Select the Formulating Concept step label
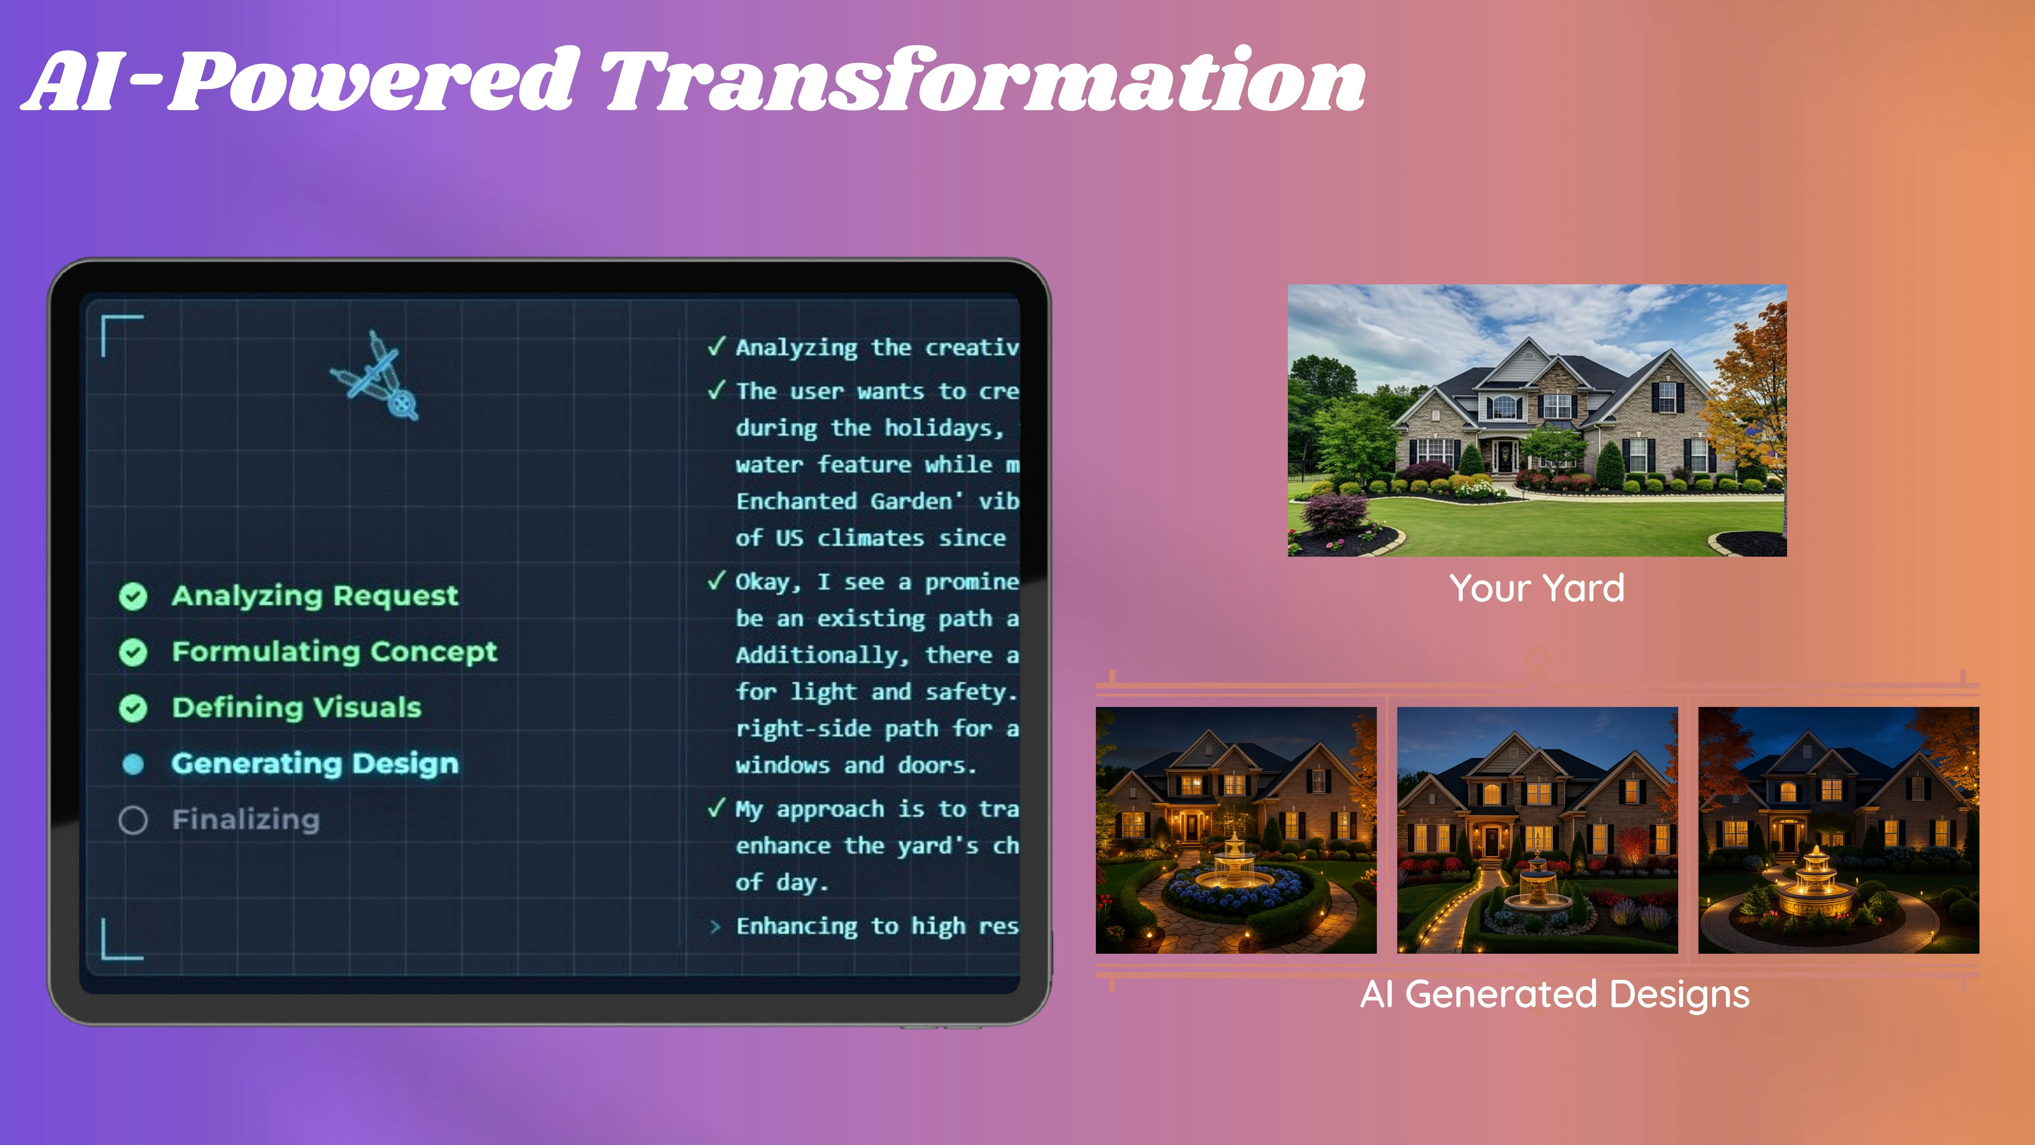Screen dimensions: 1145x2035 (x=334, y=652)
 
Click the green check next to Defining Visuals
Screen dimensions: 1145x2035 (x=133, y=708)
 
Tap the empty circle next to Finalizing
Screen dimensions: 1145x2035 (x=133, y=820)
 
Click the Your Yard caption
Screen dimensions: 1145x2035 (x=1536, y=588)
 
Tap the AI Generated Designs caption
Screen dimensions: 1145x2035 (x=1554, y=994)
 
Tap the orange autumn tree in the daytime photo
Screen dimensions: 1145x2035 (x=1750, y=387)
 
